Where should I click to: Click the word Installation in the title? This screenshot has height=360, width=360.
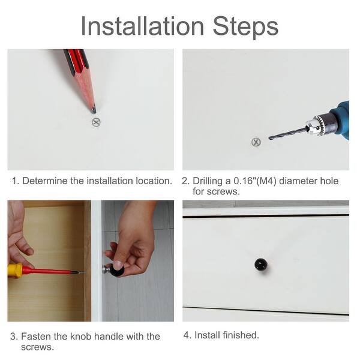tap(142, 26)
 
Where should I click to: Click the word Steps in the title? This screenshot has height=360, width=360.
tap(245, 28)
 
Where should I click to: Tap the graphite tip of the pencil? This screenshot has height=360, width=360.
tap(94, 110)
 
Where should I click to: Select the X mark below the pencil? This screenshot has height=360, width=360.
tap(96, 122)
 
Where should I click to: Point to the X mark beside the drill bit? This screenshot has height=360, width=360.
tap(256, 142)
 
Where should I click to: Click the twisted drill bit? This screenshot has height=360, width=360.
tap(287, 134)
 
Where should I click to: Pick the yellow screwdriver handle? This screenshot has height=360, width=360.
tap(15, 271)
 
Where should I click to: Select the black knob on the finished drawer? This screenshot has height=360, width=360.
tap(261, 265)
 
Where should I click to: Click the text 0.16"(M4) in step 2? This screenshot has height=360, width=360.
tap(255, 181)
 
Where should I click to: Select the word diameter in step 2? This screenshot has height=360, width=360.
tap(298, 181)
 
